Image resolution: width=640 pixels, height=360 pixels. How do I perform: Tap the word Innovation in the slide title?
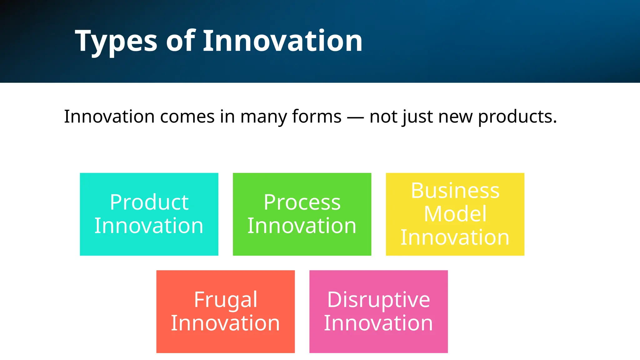point(282,41)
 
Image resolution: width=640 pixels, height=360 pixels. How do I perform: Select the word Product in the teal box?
point(149,202)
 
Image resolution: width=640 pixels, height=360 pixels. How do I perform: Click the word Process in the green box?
point(302,202)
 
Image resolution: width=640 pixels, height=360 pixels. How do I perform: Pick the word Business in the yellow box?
point(455,191)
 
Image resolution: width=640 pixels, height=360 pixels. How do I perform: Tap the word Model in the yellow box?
point(455,214)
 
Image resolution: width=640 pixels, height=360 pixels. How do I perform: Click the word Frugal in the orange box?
point(225,300)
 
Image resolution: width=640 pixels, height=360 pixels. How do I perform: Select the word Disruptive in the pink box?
point(378,300)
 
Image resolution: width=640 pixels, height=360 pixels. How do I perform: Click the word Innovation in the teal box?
point(149,226)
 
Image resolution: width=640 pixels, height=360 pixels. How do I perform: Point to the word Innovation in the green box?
point(302,226)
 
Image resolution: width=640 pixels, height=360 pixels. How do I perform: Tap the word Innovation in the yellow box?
point(455,237)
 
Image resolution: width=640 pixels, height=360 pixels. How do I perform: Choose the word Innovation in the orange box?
point(225,323)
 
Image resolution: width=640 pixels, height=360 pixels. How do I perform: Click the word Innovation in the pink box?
point(378,323)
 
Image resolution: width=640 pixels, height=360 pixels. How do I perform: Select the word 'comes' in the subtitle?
point(187,117)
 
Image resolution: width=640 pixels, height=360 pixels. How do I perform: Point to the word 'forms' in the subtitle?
point(317,117)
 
